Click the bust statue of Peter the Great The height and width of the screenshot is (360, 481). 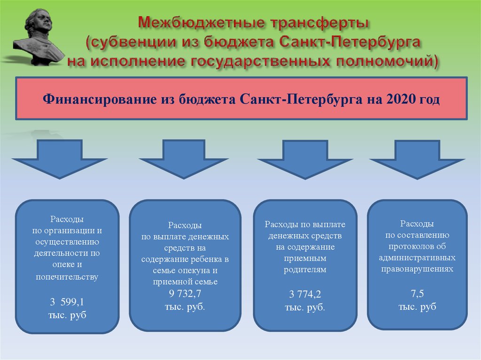(x=39, y=37)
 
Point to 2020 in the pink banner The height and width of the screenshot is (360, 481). (x=399, y=99)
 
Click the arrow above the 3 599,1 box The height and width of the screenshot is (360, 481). (x=60, y=159)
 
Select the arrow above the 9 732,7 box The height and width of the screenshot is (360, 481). (x=184, y=159)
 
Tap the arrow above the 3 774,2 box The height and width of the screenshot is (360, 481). (x=305, y=159)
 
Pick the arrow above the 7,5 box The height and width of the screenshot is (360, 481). (x=417, y=159)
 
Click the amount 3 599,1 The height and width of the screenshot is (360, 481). (x=67, y=302)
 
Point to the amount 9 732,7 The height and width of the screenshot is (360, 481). (x=185, y=293)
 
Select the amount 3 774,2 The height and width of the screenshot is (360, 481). (x=305, y=294)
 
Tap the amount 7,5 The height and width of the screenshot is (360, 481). (x=417, y=293)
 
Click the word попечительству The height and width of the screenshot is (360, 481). (x=67, y=277)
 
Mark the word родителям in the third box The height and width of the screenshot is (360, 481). (x=305, y=270)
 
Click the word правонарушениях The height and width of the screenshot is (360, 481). (x=417, y=269)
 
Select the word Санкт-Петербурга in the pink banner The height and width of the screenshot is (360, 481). (x=301, y=100)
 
